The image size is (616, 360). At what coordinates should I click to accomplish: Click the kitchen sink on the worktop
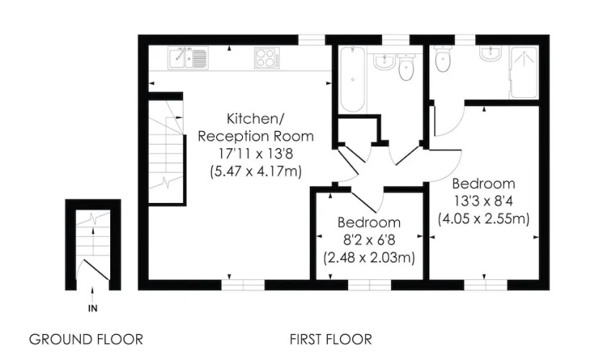click(188, 58)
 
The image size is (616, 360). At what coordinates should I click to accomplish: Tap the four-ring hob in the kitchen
click(267, 58)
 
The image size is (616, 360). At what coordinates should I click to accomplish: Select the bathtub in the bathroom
click(352, 79)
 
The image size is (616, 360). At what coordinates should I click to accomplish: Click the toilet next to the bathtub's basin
click(406, 67)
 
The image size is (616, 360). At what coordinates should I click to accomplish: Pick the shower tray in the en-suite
click(523, 73)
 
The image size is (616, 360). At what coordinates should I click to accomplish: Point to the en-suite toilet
click(443, 59)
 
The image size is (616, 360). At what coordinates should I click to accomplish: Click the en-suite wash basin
click(490, 54)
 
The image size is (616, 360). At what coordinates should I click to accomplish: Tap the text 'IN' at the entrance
click(93, 308)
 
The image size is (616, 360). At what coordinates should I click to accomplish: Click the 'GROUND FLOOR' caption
click(86, 339)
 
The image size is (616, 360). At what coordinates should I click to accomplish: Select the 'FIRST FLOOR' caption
click(331, 339)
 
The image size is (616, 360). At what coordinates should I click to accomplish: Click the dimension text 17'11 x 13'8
click(256, 153)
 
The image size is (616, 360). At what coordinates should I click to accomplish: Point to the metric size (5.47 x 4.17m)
click(256, 171)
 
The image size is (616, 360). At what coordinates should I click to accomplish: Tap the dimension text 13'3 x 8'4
click(483, 201)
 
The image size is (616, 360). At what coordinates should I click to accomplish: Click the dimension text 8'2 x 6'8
click(369, 240)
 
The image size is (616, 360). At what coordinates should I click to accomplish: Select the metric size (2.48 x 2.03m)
click(369, 258)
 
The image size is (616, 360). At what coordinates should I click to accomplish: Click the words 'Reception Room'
click(256, 136)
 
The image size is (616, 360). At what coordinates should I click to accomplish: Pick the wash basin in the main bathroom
click(383, 62)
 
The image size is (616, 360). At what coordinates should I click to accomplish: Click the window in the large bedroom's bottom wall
click(486, 285)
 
